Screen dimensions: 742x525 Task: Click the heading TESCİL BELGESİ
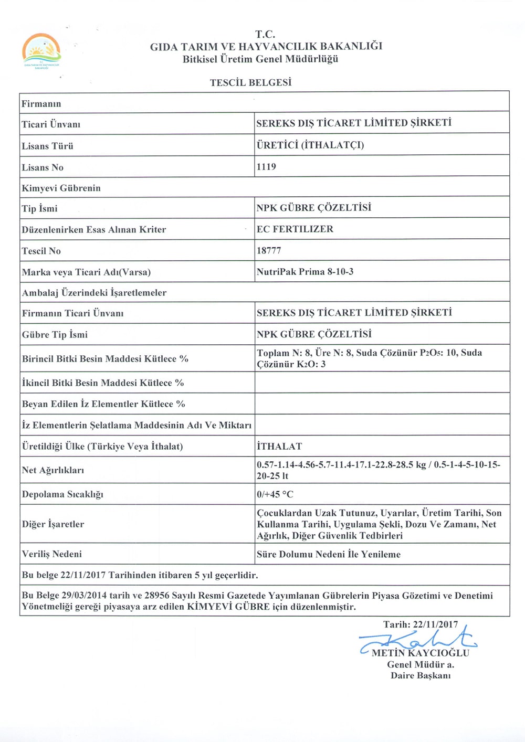tap(250, 82)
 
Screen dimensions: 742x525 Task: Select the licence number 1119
tap(266, 167)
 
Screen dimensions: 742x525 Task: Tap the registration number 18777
tap(269, 250)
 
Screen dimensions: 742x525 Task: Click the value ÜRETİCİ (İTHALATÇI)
tap(310, 145)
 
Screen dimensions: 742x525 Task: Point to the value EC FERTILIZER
tap(295, 229)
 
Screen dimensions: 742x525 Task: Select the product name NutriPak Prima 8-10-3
tap(305, 272)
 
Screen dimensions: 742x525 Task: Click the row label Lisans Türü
tap(47, 146)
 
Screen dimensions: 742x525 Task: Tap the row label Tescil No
tap(41, 251)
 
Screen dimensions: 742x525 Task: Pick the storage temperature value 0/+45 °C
tap(275, 494)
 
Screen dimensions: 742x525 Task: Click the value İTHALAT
tap(279, 447)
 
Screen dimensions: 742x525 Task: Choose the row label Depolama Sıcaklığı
tap(62, 494)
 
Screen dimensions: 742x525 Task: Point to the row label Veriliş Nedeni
tap(52, 554)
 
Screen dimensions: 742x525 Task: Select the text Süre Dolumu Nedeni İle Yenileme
tap(329, 554)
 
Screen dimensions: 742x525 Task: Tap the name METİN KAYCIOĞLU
tap(421, 653)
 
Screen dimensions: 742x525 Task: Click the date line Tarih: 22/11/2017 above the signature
tap(421, 624)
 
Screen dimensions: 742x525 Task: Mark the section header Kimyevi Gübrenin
tap(61, 188)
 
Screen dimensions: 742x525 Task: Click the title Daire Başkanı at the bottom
tap(421, 675)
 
